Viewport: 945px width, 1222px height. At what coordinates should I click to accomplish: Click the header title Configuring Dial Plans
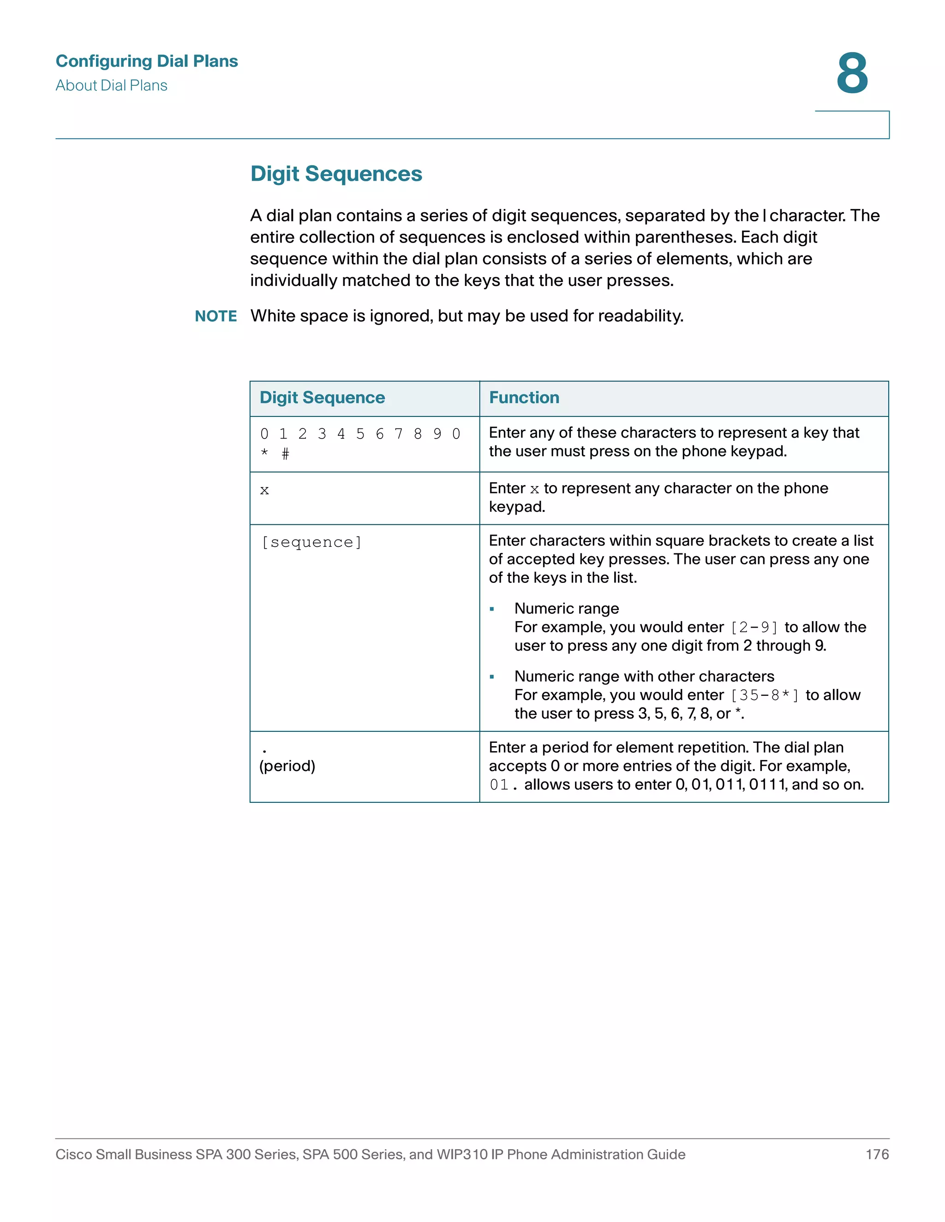147,61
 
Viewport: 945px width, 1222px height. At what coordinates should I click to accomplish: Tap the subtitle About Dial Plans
111,86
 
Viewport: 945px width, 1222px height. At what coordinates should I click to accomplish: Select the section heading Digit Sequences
336,173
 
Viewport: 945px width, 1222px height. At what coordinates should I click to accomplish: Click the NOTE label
215,316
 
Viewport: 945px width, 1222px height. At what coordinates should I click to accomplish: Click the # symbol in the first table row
286,454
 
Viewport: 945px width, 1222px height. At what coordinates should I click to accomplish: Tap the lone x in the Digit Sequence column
264,491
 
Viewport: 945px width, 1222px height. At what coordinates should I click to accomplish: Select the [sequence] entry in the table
311,542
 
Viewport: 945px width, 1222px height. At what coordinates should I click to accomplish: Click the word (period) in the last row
287,765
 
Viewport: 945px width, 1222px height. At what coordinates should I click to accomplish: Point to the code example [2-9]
754,627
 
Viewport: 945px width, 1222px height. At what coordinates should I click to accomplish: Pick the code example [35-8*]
765,695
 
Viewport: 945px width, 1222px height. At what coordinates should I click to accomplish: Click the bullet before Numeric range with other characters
491,677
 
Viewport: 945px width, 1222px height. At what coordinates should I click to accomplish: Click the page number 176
877,1154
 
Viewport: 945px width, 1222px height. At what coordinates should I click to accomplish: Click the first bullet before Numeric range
491,609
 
